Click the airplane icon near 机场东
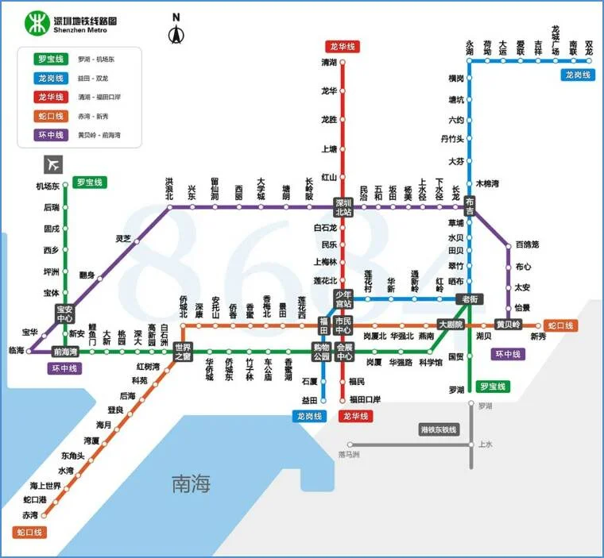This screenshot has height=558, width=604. pos(53,164)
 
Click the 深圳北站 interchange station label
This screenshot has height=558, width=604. pos(343,206)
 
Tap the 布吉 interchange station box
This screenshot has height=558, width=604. pos(470,206)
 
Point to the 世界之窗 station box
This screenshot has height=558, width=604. pos(183,352)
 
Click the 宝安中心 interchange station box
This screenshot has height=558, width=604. pos(65,314)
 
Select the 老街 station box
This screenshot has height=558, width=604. pos(468,299)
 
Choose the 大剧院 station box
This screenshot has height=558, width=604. pos(450,325)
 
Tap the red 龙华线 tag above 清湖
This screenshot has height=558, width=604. pos(343,47)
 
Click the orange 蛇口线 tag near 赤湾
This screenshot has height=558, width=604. pos(29,532)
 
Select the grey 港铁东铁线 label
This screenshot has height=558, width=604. pos(439,429)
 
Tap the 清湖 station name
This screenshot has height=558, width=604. pos(329,62)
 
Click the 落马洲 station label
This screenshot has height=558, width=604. pos(349,455)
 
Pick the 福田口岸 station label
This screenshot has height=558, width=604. pos(366,399)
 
